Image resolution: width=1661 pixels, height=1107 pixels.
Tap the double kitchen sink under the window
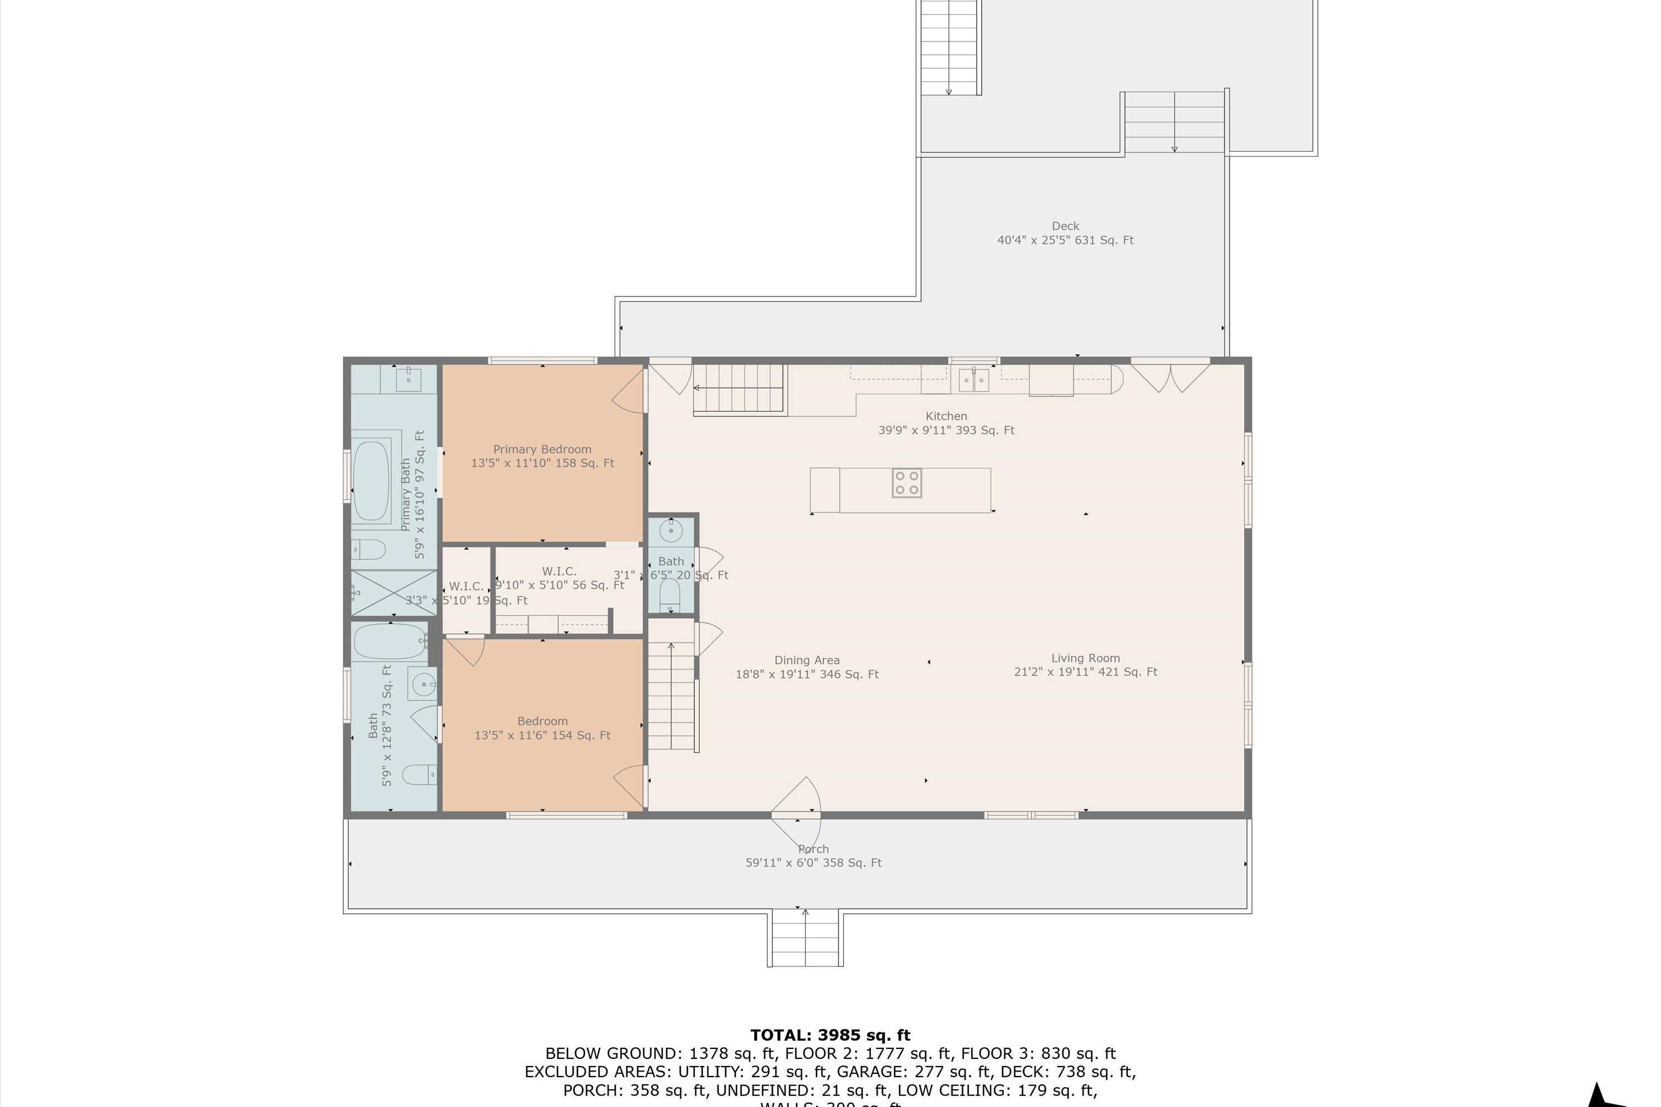[973, 381]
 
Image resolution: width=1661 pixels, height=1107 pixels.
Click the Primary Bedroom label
[543, 449]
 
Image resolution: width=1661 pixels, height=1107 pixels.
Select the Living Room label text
[1085, 658]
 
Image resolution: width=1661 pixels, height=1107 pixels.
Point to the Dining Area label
[807, 660]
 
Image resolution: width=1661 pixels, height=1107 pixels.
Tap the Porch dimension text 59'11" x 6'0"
[813, 863]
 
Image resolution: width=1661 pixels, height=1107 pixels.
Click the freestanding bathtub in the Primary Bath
[372, 481]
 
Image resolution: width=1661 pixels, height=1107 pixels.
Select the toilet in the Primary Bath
[369, 549]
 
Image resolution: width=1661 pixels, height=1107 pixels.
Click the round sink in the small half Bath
[671, 530]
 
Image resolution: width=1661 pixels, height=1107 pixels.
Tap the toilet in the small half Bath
[669, 594]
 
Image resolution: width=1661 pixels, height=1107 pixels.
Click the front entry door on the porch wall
[797, 805]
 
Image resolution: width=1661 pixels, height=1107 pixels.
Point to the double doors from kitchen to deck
[1170, 376]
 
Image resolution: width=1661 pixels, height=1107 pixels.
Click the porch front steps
[805, 938]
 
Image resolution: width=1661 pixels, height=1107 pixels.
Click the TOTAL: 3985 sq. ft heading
[830, 1035]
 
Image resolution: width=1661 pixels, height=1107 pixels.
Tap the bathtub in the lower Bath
[389, 641]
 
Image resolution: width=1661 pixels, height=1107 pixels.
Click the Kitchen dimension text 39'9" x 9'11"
[946, 430]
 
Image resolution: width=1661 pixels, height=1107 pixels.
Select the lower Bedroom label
[543, 721]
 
